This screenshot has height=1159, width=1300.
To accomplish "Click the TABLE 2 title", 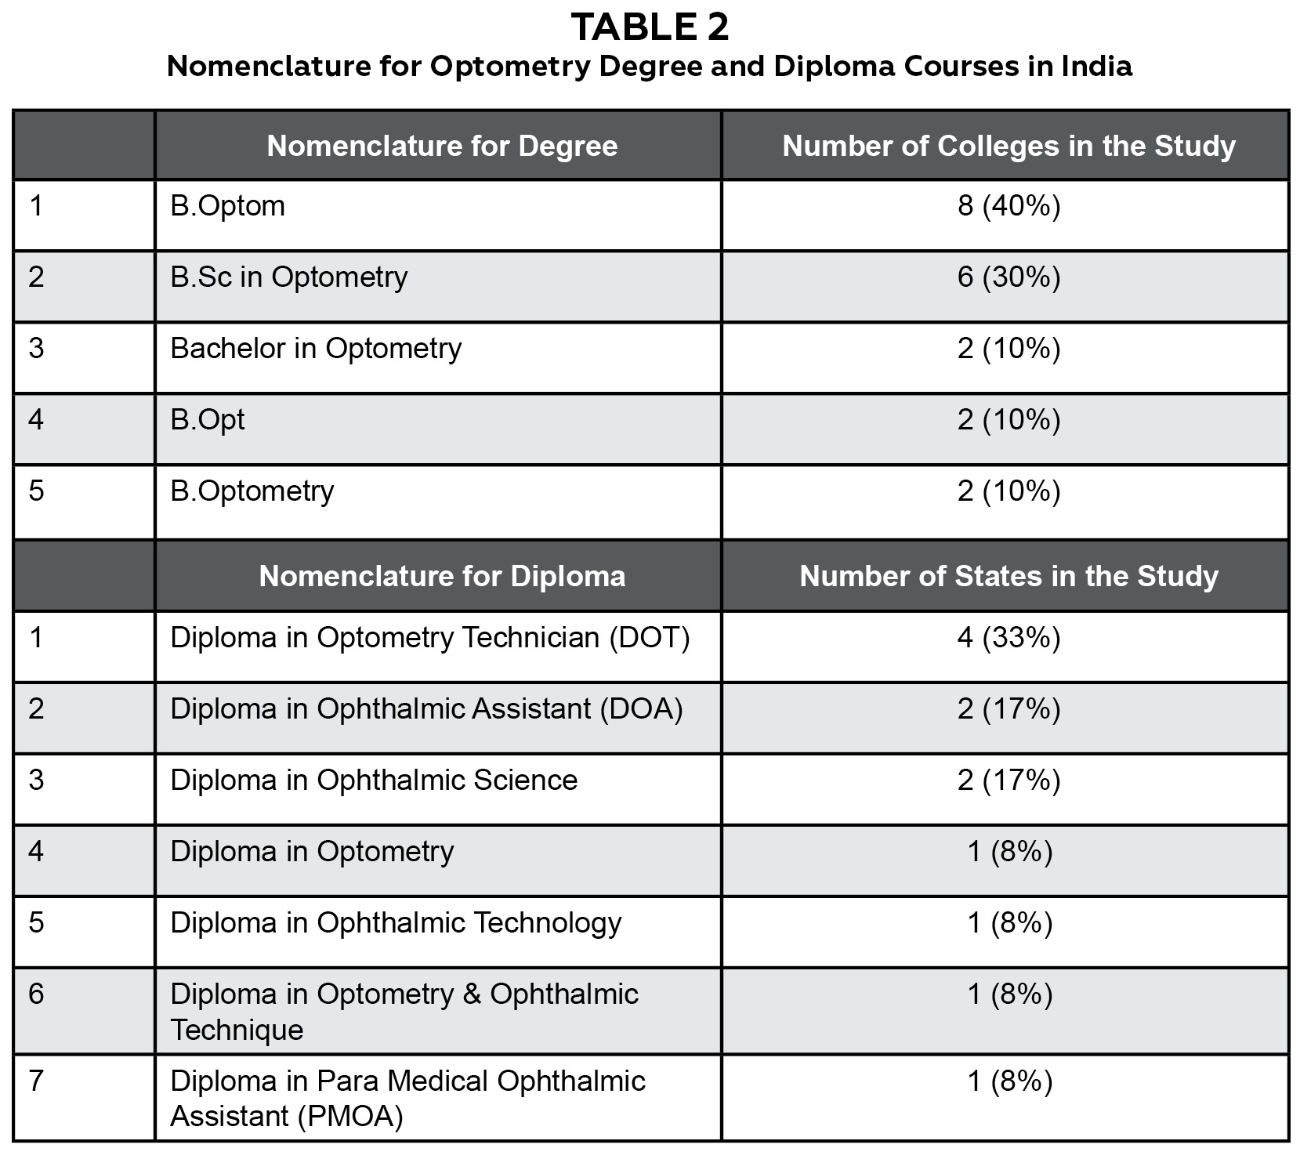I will tap(650, 27).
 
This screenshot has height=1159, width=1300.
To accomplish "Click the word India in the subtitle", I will tap(1096, 67).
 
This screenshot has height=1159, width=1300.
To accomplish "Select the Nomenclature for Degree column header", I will tap(442, 147).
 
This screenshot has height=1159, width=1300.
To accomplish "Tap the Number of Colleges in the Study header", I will tap(1008, 147).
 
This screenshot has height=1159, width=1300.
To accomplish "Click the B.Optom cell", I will tap(228, 206).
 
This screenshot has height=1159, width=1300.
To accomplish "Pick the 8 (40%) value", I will tap(1008, 206).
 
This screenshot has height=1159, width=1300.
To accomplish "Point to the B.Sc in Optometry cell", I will tap(289, 277).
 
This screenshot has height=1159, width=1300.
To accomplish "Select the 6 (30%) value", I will tap(1008, 277).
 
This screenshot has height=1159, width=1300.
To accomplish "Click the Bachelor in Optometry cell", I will tap(316, 349).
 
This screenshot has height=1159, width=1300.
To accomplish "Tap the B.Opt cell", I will tap(208, 420).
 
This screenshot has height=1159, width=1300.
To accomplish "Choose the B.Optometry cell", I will tap(252, 491).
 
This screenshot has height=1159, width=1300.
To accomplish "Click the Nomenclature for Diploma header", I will tap(442, 577).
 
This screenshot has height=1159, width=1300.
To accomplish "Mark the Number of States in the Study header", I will tap(1008, 577).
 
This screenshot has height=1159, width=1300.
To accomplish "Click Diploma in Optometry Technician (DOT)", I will tap(430, 638).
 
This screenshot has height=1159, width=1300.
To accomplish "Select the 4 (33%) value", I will tap(1008, 638).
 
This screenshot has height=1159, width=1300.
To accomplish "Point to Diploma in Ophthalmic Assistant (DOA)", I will tap(426, 709).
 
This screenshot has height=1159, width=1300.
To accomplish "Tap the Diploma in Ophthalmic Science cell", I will tap(374, 781).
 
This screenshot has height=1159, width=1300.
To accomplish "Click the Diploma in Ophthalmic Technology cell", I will tap(396, 923).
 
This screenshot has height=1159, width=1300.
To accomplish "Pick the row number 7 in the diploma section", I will tap(36, 1081).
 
